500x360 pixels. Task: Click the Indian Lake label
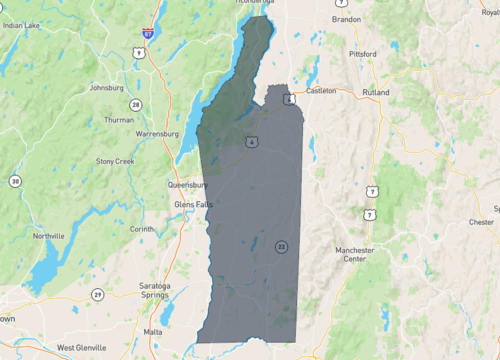coord(22,25)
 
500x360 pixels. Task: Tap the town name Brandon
coord(346,19)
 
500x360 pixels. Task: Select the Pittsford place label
coord(362,53)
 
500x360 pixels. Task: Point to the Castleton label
coord(321,90)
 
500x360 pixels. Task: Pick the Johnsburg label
coord(106,87)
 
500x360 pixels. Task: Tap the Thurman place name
coord(118,120)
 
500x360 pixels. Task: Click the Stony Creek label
coord(115,160)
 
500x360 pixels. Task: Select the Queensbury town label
coord(186,185)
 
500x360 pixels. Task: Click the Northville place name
coord(48,236)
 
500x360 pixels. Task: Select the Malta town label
coord(153,330)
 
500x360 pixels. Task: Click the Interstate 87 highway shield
coord(147,33)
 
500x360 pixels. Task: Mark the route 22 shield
coord(282,246)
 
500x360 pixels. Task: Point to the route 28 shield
coord(135,104)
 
